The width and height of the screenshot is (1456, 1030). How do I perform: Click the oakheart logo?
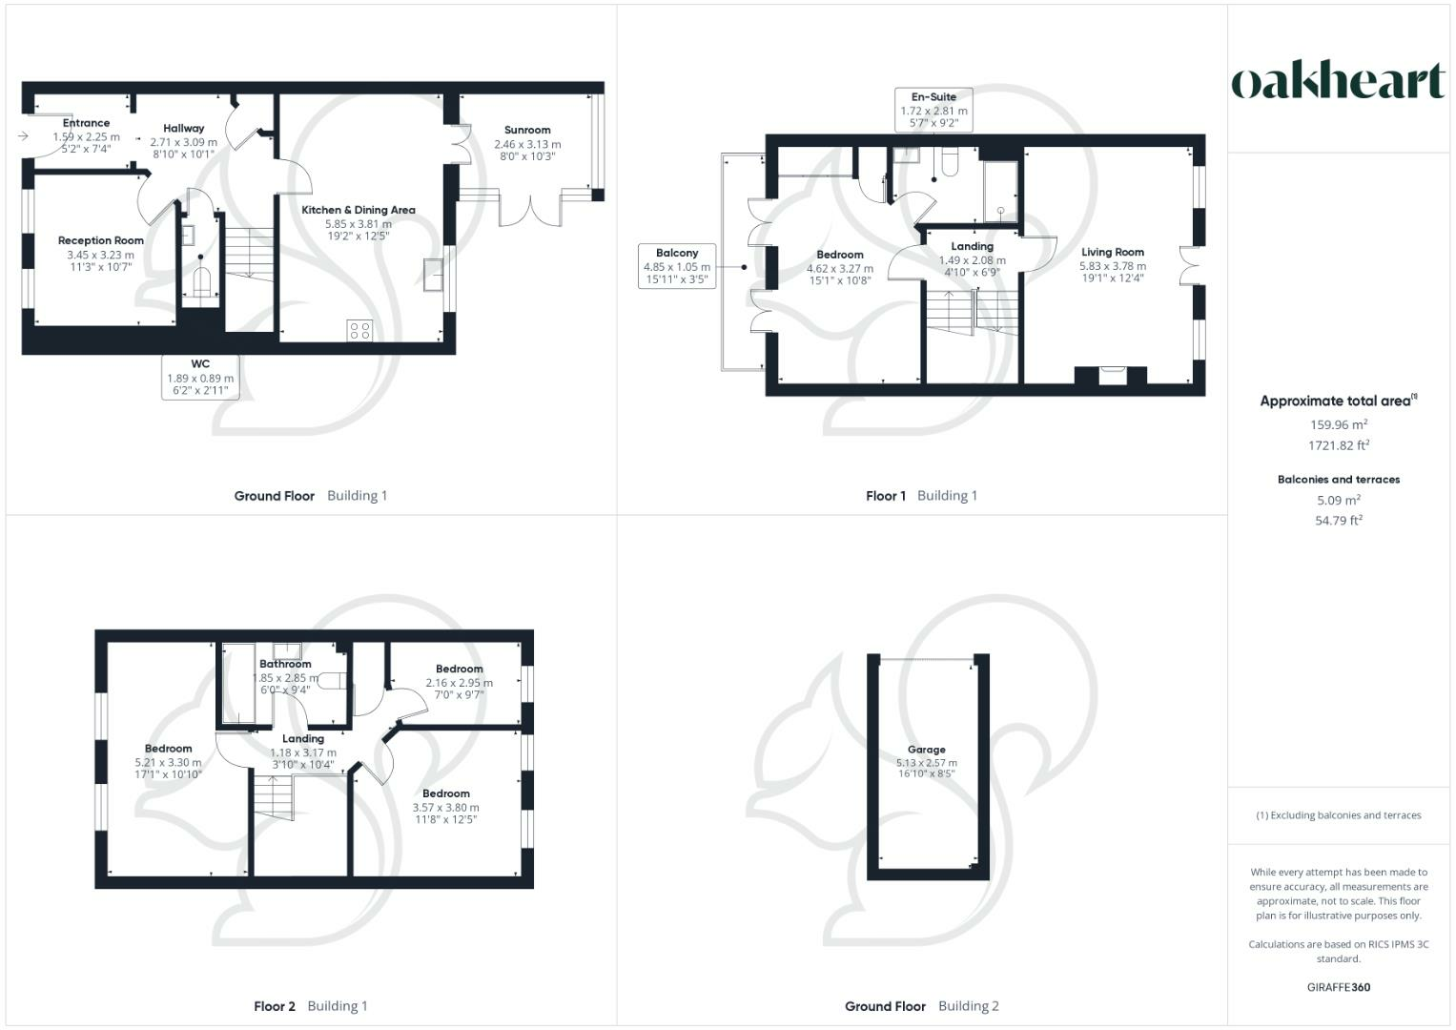pos(1338,82)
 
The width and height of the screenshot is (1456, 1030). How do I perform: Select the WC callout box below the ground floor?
pos(200,377)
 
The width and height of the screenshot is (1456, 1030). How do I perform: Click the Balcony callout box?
pos(677,267)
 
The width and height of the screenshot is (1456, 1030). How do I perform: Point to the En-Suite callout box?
pos(933,110)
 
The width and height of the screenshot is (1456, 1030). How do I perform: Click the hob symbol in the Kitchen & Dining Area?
pos(359,331)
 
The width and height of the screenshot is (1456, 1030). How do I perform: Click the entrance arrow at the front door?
pos(23,136)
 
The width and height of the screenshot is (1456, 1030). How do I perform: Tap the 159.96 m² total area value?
pos(1339,425)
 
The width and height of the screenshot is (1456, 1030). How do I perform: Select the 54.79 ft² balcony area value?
pos(1339,521)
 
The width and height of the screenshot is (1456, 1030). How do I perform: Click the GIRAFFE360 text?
pos(1339,987)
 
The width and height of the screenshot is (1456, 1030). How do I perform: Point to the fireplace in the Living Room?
pos(1111,375)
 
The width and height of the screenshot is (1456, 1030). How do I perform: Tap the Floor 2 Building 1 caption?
pos(311,1006)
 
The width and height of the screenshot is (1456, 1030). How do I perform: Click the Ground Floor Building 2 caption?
pos(921,1006)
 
